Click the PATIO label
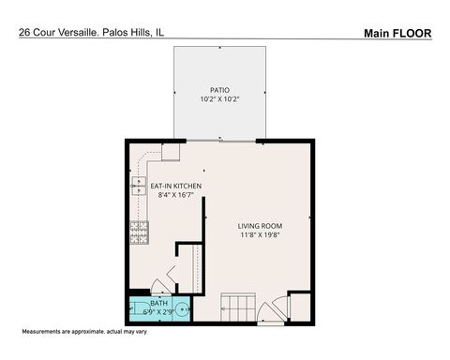click(220, 90)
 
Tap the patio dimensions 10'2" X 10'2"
click(220, 99)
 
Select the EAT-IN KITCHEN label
click(176, 187)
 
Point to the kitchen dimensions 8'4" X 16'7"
click(176, 196)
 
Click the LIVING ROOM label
click(260, 226)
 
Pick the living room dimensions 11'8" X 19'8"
click(260, 235)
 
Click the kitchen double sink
click(140, 186)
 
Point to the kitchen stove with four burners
click(140, 232)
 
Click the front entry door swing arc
click(271, 313)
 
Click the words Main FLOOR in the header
click(397, 33)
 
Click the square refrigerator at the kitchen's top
click(171, 151)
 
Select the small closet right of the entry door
click(299, 307)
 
